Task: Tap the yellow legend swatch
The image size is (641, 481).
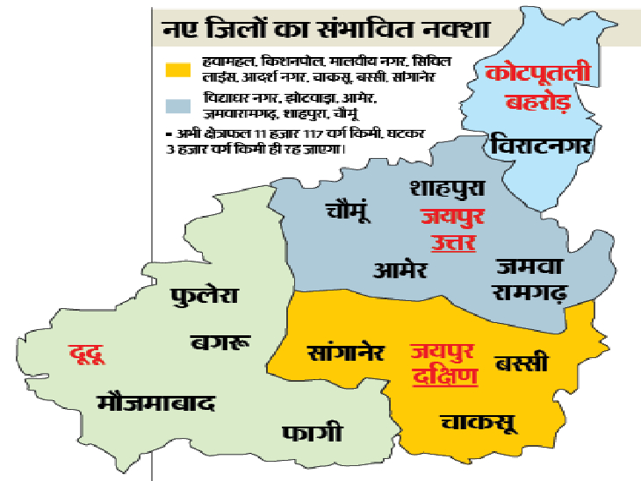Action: [177, 68]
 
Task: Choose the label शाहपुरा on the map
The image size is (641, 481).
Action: [447, 188]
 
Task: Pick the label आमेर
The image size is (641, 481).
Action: [400, 269]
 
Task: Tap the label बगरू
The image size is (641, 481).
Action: [220, 341]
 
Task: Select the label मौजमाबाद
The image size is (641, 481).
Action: [157, 403]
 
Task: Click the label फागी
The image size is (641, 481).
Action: [313, 434]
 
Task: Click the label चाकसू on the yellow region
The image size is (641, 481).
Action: [479, 424]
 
